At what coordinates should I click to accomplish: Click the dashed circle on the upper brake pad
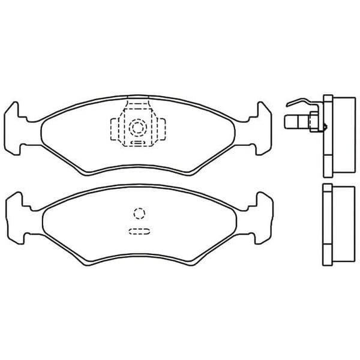pyautogui.click(x=138, y=127)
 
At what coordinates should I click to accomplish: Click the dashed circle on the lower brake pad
pyautogui.click(x=139, y=213)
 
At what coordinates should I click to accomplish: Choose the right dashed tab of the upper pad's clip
pyautogui.click(x=160, y=128)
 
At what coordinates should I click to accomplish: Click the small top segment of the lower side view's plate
pyautogui.click(x=327, y=188)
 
